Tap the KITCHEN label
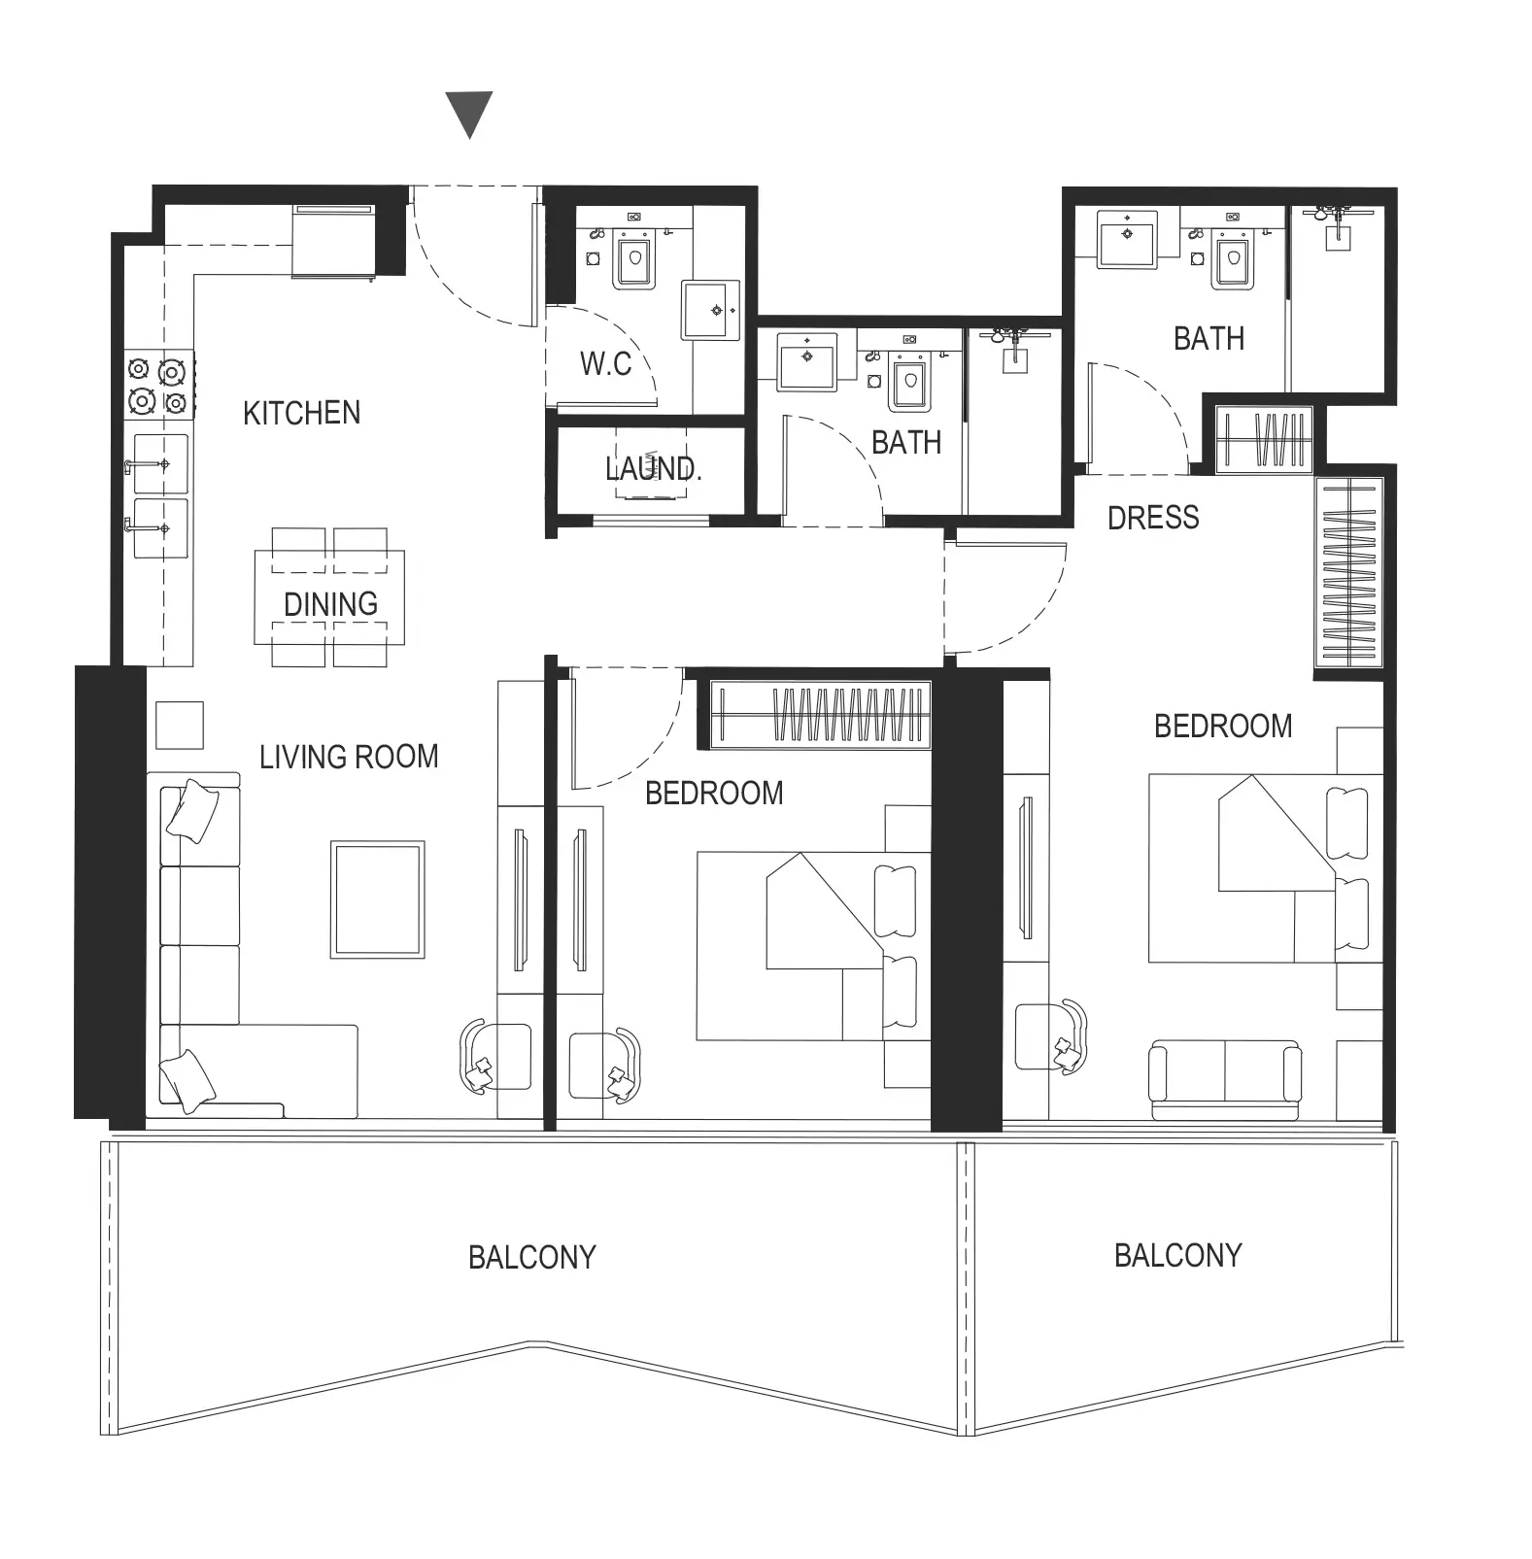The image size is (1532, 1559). [x=301, y=413]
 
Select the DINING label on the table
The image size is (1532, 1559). [x=330, y=604]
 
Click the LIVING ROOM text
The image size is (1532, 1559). [x=349, y=757]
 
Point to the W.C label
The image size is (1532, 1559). [x=605, y=364]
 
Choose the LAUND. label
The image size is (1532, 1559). [x=653, y=469]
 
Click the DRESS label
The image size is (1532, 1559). [x=1153, y=518]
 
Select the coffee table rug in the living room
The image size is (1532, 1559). [x=378, y=899]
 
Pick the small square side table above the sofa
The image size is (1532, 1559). [x=180, y=726]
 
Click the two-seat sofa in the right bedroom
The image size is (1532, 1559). [x=1224, y=1080]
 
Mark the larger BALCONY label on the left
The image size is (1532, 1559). [x=531, y=1258]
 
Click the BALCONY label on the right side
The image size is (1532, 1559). [x=1177, y=1256]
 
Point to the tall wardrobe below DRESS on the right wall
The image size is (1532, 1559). [x=1349, y=573]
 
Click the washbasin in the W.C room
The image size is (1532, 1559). [x=710, y=311]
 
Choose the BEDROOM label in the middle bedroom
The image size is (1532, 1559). [x=714, y=794]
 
